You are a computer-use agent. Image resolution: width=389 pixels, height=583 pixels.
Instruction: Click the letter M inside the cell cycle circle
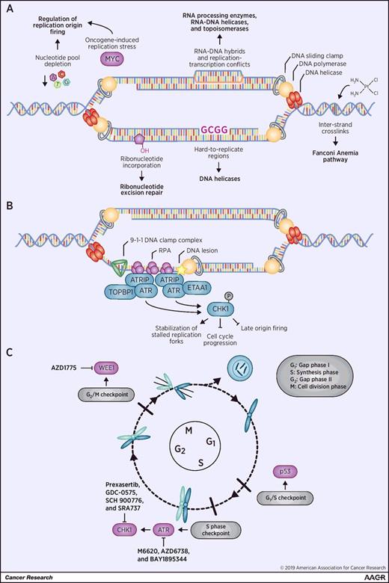(x=194, y=451)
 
